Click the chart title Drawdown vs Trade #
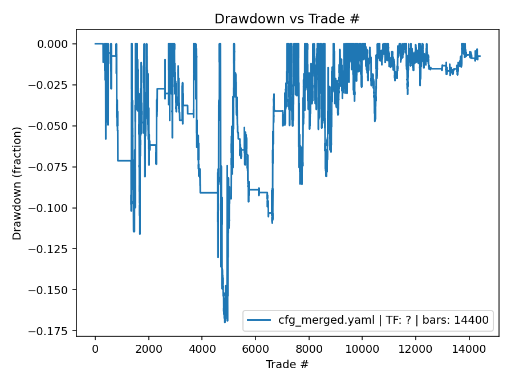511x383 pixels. pyautogui.click(x=287, y=19)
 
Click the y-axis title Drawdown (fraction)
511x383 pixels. pyautogui.click(x=17, y=183)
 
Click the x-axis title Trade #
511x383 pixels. pyautogui.click(x=287, y=363)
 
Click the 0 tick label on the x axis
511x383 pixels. pyautogui.click(x=95, y=348)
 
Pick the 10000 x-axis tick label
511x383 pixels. pyautogui.click(x=362, y=348)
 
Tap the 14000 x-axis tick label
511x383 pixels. pyautogui.click(x=469, y=348)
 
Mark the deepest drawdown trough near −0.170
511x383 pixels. pyautogui.click(x=225, y=321)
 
